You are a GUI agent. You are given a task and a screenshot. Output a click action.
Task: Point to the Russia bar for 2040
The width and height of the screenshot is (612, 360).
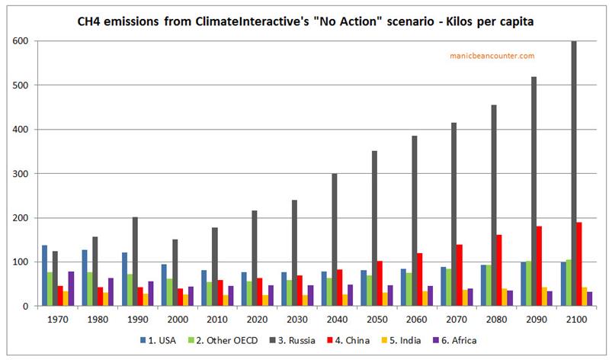(x=334, y=239)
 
